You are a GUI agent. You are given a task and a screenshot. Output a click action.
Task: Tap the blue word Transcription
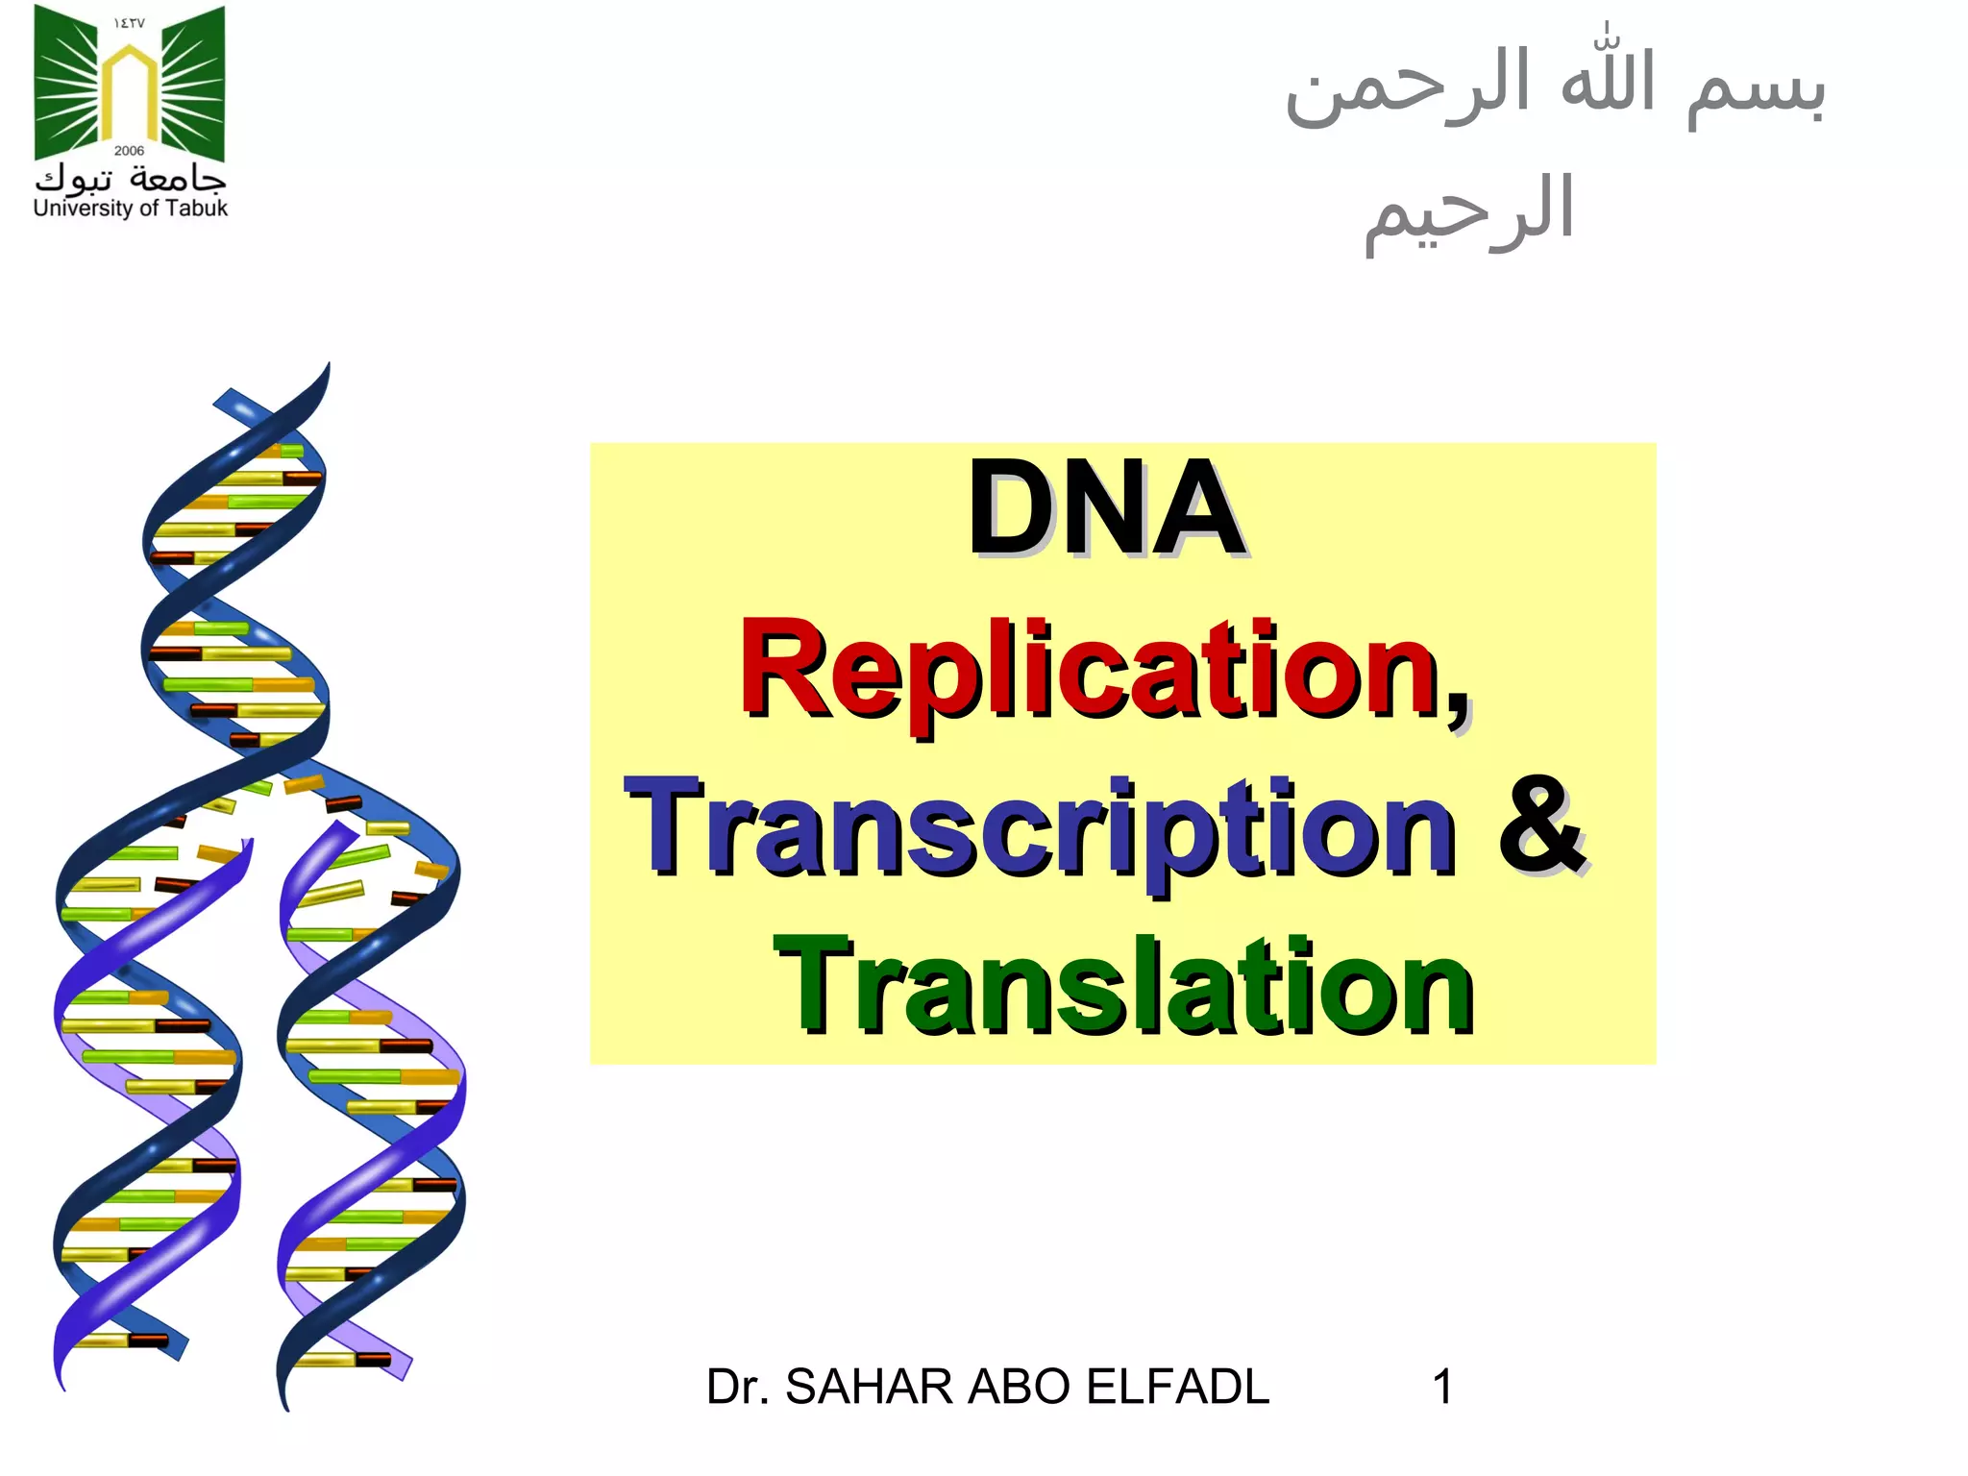tap(1040, 828)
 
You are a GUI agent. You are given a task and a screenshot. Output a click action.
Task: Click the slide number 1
tap(1441, 1387)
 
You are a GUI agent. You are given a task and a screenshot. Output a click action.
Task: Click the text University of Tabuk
tap(131, 208)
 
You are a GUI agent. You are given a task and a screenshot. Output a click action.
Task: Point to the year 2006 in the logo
tap(129, 151)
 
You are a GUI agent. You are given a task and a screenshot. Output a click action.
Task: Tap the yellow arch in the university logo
tap(130, 91)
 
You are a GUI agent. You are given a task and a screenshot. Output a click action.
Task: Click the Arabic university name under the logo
tap(131, 179)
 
